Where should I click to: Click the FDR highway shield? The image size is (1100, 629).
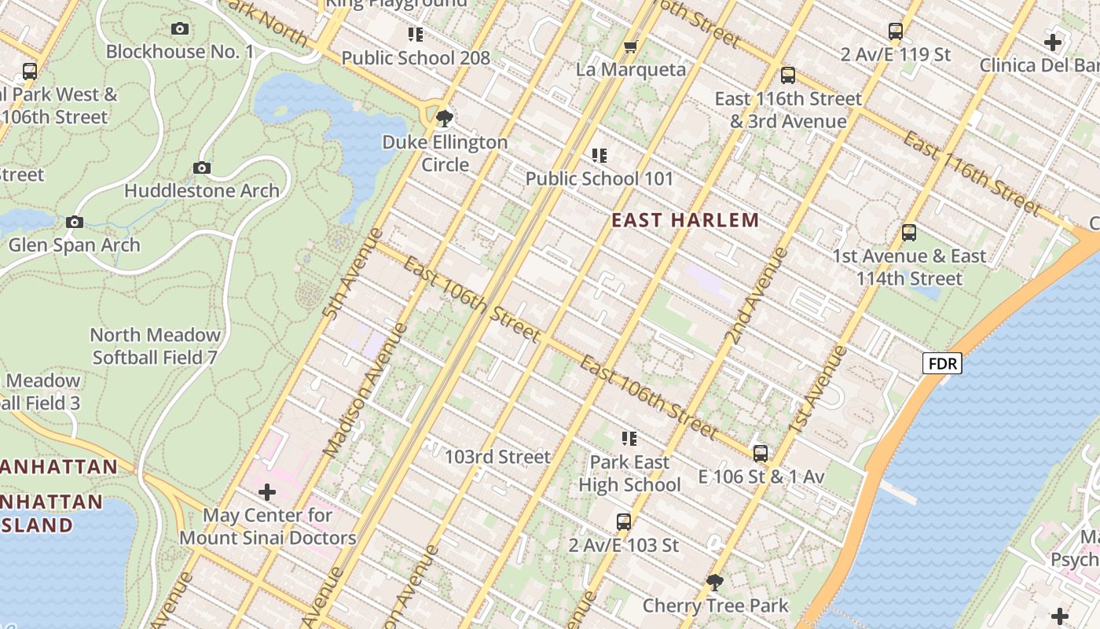942,363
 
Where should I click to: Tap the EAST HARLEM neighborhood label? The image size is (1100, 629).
685,220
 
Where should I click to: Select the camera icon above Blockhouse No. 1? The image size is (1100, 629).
180,29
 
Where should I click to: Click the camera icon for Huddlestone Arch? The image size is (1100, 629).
202,167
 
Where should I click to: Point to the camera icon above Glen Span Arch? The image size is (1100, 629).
75,223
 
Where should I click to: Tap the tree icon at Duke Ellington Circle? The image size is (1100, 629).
445,119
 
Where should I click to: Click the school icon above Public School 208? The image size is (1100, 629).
416,34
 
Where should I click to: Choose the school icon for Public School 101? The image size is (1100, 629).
599,156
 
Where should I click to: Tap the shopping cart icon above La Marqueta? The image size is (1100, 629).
630,47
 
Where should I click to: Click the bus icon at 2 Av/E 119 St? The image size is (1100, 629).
896,32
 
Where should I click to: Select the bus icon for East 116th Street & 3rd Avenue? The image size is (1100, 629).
788,75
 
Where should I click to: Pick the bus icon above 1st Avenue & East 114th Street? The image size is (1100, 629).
909,233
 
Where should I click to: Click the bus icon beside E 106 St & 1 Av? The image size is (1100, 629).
760,454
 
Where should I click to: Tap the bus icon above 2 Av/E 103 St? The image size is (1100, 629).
623,521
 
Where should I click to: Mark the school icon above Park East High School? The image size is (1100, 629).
629,438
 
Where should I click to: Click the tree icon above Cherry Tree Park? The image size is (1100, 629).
714,583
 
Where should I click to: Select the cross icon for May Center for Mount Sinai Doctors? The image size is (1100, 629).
267,493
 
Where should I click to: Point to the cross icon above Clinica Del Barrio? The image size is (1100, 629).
1053,42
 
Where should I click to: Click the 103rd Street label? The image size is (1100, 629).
497,457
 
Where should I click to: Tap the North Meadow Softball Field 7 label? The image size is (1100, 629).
156,346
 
